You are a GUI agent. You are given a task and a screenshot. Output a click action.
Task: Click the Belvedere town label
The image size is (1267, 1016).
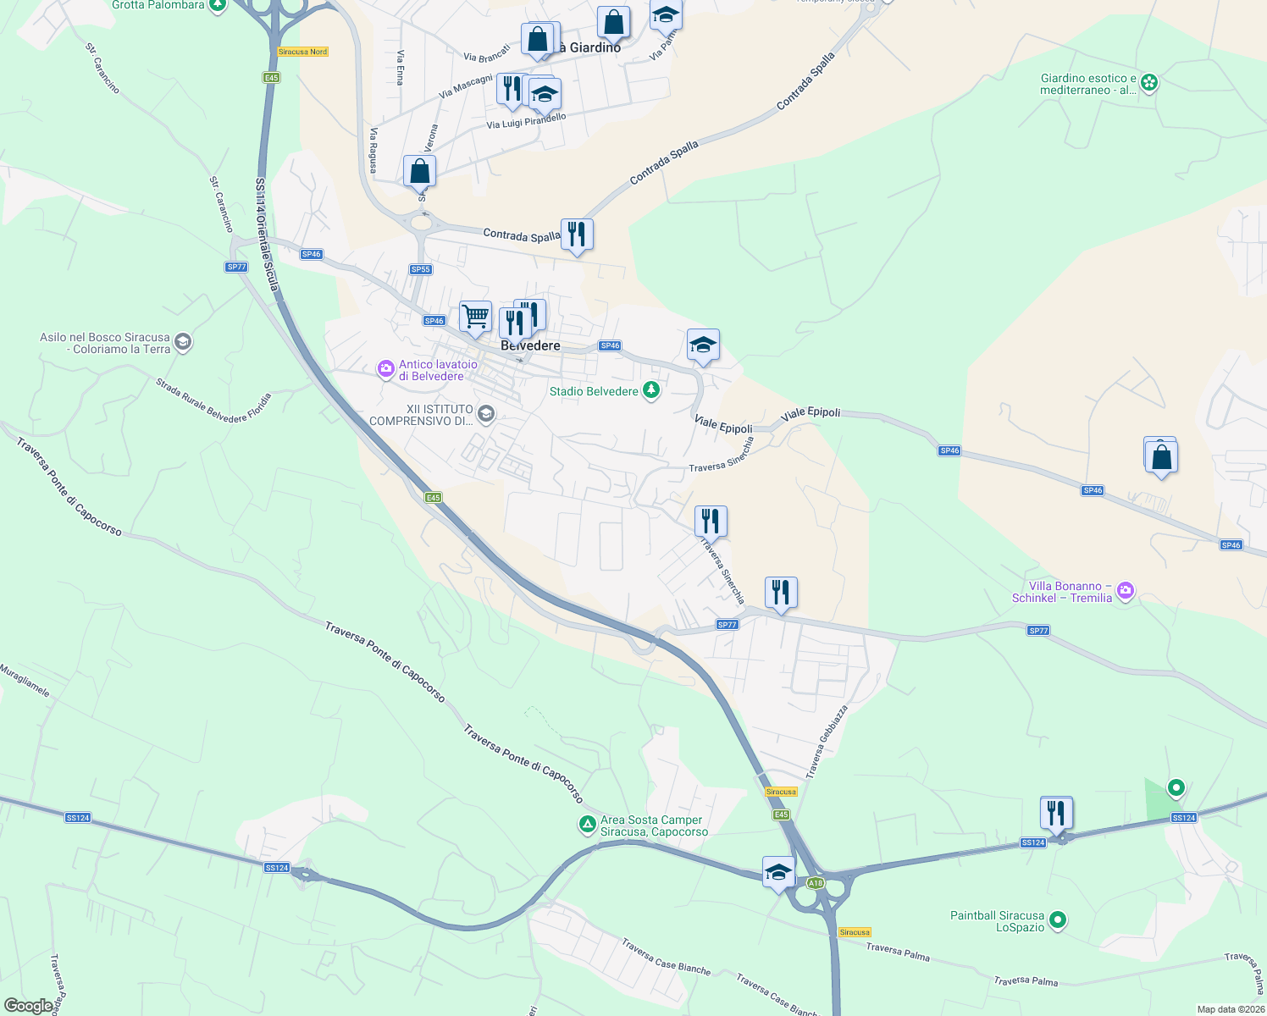530,345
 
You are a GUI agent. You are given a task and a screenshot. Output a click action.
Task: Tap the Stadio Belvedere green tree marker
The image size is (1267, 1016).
650,390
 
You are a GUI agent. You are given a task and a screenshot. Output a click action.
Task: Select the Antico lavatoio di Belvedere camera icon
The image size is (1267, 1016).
386,368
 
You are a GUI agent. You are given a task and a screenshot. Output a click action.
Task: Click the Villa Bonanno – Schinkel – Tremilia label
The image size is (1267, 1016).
1062,592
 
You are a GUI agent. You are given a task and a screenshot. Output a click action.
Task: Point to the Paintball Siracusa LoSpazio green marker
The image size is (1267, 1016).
1057,919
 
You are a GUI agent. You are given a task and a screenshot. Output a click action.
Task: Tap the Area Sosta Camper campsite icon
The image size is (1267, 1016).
587,824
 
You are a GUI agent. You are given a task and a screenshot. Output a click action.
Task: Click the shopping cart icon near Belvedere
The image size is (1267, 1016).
475,317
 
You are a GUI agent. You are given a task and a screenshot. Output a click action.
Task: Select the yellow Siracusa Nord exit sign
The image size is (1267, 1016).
302,52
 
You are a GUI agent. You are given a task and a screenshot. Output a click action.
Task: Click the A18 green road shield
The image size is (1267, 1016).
815,883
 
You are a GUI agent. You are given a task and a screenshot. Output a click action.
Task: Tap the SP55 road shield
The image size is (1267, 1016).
420,269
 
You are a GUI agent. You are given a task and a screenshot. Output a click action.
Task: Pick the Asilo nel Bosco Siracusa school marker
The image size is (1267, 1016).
183,343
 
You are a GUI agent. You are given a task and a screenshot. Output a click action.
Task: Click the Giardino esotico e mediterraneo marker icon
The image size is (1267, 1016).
1149,83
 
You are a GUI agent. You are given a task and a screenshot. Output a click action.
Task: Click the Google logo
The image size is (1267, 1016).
28,1006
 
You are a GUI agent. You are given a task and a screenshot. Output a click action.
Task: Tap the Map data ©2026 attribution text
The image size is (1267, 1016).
1231,1009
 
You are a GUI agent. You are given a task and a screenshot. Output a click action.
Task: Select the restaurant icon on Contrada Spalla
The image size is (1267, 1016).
577,235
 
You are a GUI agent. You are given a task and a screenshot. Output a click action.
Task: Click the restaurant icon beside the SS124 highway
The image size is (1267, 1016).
1056,814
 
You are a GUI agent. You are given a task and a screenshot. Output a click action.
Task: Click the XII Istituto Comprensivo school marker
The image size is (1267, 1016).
486,414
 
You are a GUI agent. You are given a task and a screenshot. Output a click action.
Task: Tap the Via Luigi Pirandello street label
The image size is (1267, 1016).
526,122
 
